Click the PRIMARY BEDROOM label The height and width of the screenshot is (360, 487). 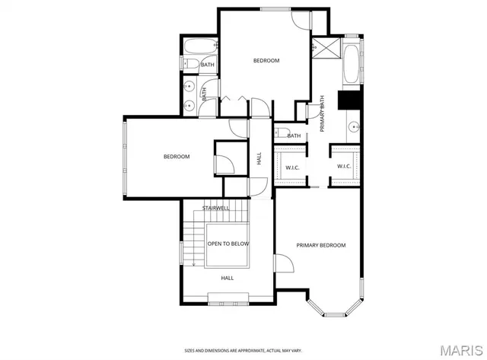tap(320, 245)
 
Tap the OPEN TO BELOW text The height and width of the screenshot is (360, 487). tap(228, 244)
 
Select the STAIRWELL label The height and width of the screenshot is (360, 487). tap(216, 208)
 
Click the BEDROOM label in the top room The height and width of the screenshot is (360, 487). tap(266, 61)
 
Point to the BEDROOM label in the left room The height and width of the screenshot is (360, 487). tap(176, 157)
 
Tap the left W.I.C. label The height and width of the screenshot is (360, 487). tap(292, 167)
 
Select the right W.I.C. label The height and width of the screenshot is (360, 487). tap(344, 167)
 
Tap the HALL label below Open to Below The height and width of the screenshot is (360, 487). tap(227, 279)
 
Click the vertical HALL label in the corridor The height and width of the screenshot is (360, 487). tap(259, 159)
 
